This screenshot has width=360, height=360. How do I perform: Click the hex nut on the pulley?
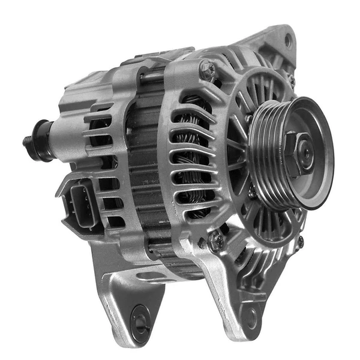pyautogui.click(x=298, y=153)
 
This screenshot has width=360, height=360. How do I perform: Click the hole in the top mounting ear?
pyautogui.click(x=287, y=41)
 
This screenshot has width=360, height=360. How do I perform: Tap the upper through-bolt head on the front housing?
pyautogui.click(x=206, y=70)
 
